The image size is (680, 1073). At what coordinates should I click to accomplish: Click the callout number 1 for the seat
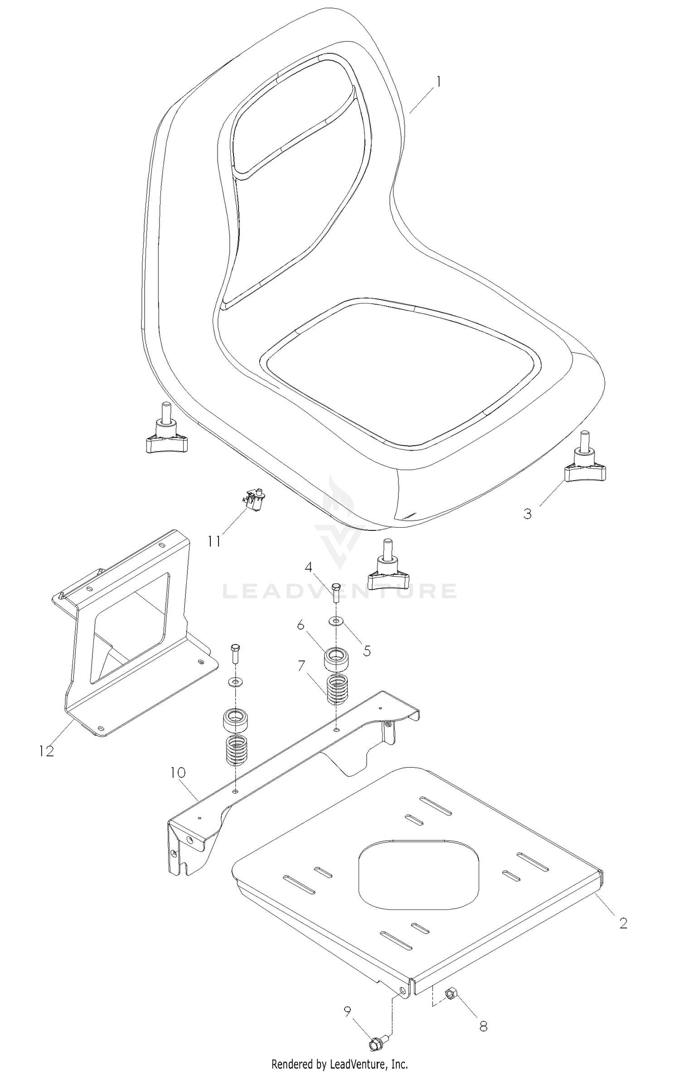(438, 82)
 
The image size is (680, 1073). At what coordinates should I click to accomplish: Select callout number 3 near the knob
(527, 514)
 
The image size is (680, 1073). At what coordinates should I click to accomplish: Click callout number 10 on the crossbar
(178, 772)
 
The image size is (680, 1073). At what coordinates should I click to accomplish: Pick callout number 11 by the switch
(214, 541)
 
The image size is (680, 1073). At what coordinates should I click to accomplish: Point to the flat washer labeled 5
(336, 620)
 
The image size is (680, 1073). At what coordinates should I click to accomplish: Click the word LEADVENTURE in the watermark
(340, 591)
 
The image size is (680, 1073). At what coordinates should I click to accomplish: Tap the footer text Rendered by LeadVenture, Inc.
(340, 1060)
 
